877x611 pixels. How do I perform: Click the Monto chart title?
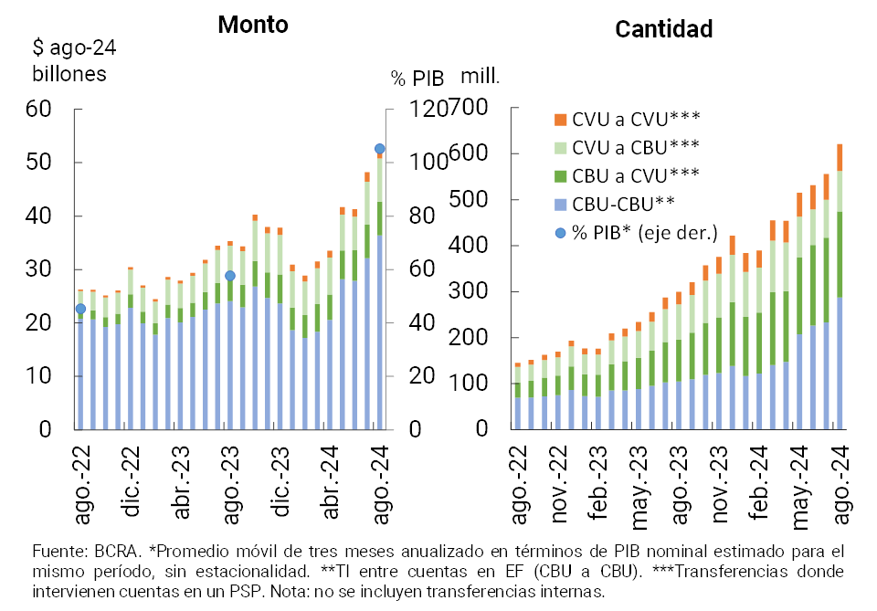tap(253, 25)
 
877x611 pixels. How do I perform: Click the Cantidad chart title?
tap(663, 29)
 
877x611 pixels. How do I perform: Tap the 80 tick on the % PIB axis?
tap(408, 216)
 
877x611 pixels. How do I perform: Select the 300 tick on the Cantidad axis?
tap(475, 292)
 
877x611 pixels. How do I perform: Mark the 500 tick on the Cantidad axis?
tap(475, 200)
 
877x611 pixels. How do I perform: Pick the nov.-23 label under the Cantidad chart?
tap(720, 484)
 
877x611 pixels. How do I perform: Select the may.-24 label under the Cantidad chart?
tap(800, 484)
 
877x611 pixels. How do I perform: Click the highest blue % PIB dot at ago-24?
tap(380, 149)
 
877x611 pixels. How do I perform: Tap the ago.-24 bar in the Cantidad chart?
tap(839, 292)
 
